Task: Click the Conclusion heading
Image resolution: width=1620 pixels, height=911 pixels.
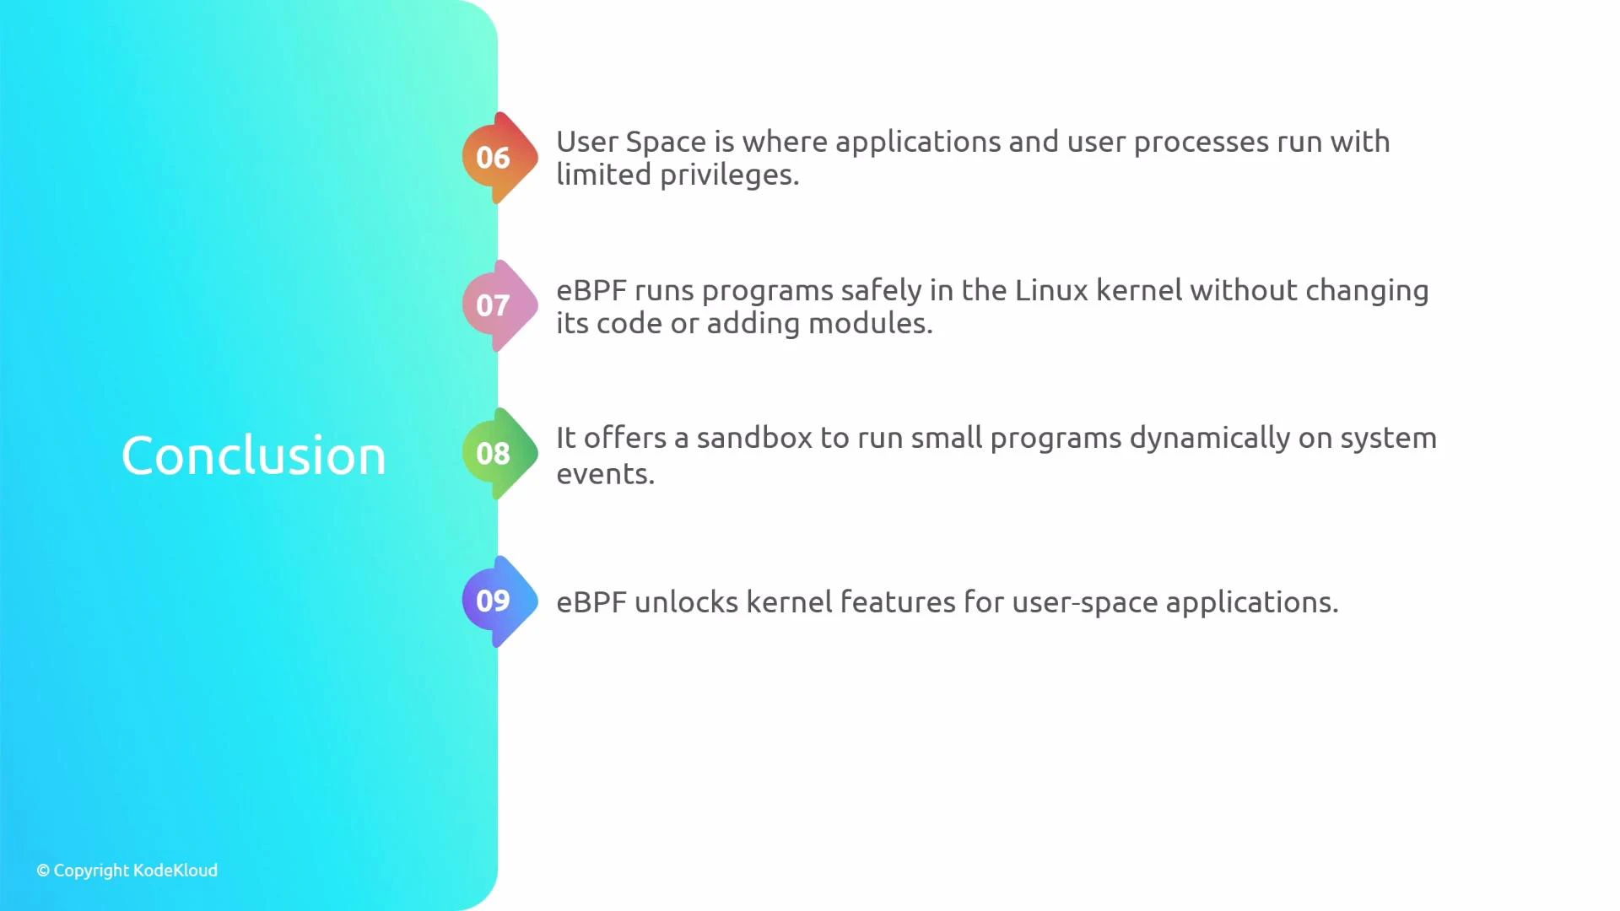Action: pos(253,456)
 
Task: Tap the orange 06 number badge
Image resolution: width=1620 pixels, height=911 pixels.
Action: pos(494,158)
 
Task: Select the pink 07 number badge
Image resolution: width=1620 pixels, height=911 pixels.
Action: pos(494,305)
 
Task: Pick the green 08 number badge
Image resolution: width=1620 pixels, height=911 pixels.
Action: pos(494,454)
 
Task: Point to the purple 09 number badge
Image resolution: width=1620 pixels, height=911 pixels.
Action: pos(494,601)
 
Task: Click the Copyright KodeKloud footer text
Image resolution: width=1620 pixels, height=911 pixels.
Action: pos(127,871)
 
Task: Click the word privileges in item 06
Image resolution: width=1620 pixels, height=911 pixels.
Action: pos(728,175)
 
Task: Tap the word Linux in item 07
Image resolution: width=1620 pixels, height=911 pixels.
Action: pos(1051,291)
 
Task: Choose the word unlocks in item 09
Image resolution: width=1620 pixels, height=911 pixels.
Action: pos(686,602)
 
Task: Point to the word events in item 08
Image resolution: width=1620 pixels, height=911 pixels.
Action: pos(605,475)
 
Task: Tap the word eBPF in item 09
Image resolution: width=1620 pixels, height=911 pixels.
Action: pos(591,602)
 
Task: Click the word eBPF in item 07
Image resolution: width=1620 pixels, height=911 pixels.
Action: pos(591,291)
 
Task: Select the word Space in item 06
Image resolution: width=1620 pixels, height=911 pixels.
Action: pos(666,143)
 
